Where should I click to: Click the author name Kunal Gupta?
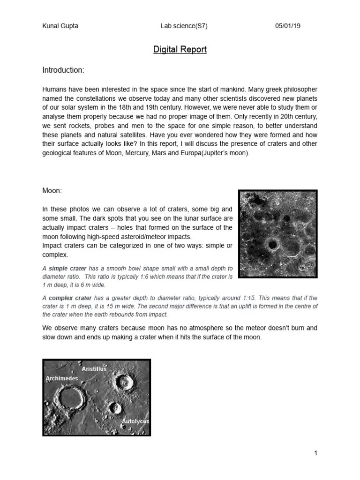[60, 26]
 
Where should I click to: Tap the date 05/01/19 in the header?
[287, 26]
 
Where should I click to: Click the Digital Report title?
[180, 49]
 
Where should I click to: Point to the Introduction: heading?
[63, 70]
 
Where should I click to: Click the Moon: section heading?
[52, 191]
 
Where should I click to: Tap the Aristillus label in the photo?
[94, 369]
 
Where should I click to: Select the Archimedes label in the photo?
[61, 378]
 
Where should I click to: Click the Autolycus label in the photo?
[135, 421]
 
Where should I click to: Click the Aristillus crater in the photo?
[124, 382]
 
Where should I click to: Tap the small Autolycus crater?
[114, 408]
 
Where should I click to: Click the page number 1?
[316, 453]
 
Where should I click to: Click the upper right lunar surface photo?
[277, 233]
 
